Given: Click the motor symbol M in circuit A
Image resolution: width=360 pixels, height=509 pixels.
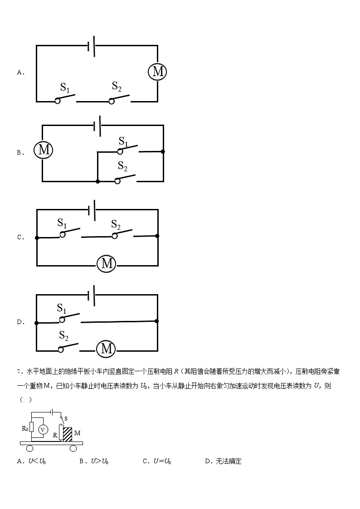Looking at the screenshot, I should pyautogui.click(x=158, y=71).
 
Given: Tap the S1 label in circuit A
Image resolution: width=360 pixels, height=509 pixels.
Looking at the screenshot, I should pyautogui.click(x=65, y=87).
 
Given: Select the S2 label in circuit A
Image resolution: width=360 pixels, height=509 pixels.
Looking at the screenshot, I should pyautogui.click(x=117, y=86).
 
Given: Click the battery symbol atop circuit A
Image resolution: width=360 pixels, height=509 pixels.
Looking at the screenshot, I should pyautogui.click(x=92, y=45).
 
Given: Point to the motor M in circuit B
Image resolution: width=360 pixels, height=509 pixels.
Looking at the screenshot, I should pyautogui.click(x=44, y=150).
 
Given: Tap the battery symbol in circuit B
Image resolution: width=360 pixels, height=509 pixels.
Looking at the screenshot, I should pyautogui.click(x=97, y=126).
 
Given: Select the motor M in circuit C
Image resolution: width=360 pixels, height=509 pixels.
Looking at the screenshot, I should pyautogui.click(x=107, y=263).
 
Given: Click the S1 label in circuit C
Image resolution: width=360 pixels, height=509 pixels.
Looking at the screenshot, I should pyautogui.click(x=62, y=223).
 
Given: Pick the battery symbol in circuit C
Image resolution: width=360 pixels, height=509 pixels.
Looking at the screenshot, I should pyautogui.click(x=92, y=210).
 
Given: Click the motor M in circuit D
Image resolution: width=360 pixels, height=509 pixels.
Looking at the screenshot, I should pyautogui.click(x=107, y=348).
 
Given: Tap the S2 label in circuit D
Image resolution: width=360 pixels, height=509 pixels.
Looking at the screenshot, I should pyautogui.click(x=64, y=336).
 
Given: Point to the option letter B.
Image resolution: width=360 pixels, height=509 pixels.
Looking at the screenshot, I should pyautogui.click(x=20, y=153).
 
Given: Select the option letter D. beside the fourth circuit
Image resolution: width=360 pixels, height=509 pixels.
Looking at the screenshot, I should pyautogui.click(x=20, y=322).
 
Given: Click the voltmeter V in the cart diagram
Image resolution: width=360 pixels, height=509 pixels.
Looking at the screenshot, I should pyautogui.click(x=43, y=429).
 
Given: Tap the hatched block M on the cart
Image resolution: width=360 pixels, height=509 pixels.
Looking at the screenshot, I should pyautogui.click(x=68, y=434).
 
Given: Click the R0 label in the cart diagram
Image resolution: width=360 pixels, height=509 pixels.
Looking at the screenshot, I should pyautogui.click(x=25, y=427).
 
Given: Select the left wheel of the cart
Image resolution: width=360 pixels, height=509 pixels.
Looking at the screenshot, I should pyautogui.click(x=29, y=449).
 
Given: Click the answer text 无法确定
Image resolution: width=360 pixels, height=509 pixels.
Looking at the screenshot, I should pyautogui.click(x=229, y=461).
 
